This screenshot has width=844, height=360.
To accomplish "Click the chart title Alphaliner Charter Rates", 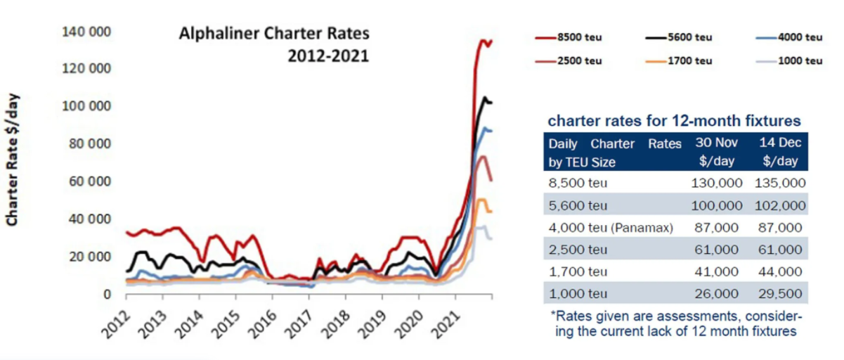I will pos(274,34).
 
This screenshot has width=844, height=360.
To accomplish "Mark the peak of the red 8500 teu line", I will pos(483,40).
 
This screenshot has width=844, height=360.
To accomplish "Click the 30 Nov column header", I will pos(718,151).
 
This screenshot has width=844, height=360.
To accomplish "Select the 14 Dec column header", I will pos(780,151).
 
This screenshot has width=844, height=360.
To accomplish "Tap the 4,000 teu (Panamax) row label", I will pos(609,229).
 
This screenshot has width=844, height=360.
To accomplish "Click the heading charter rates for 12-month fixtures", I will pos(674,120).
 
